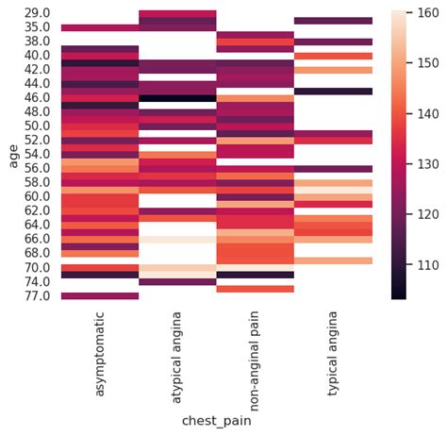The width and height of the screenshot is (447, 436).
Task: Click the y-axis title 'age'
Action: (x=12, y=155)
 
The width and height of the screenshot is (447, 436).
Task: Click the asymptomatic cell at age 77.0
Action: (x=100, y=295)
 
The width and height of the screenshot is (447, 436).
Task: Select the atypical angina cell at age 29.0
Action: (x=177, y=13)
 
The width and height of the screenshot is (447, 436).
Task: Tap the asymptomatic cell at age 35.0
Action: (x=100, y=27)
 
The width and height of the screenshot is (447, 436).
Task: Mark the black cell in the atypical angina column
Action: (x=177, y=98)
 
